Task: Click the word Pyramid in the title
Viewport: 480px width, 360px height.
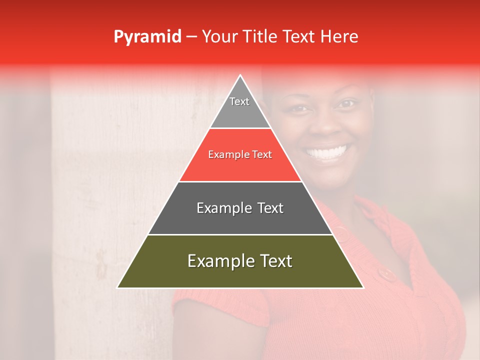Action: tap(147, 37)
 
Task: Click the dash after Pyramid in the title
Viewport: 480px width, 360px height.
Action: tap(191, 37)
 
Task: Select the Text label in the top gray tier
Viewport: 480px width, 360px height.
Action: tap(239, 101)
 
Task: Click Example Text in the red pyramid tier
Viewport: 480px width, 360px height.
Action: tap(240, 154)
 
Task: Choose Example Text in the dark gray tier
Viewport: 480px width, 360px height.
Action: tap(240, 208)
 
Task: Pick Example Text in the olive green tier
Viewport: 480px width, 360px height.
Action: tap(240, 261)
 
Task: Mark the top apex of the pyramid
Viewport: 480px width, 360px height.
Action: tap(240, 75)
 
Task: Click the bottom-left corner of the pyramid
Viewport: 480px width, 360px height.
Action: tap(117, 287)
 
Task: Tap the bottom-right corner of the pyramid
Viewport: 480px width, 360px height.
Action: tap(363, 287)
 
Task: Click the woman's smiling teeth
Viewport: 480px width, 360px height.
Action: tap(327, 151)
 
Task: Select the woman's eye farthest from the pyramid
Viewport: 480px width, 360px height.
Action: tap(347, 104)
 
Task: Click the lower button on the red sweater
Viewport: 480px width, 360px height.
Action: tap(385, 273)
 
